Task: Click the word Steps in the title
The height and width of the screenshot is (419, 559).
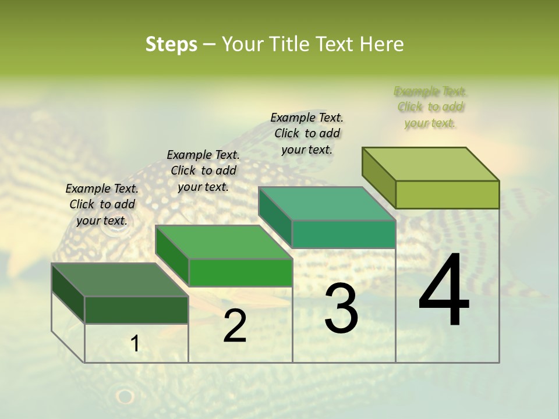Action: (171, 44)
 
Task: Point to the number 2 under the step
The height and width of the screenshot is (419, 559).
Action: (235, 326)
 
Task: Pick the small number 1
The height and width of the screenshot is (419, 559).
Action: (135, 344)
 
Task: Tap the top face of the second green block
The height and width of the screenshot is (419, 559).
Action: (224, 242)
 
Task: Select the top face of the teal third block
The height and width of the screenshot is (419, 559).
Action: (327, 204)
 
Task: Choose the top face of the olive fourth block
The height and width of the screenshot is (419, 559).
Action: (430, 164)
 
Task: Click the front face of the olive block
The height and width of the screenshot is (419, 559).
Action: (447, 194)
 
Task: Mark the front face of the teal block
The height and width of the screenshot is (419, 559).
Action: (344, 234)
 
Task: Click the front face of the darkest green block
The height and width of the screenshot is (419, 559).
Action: (136, 310)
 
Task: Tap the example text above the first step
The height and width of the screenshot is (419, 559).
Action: (102, 204)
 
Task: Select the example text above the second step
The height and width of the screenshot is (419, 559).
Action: (203, 171)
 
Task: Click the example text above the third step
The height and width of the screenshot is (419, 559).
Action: (307, 133)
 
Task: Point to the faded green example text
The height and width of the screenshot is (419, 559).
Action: (430, 107)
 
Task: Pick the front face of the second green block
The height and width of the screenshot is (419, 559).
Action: (240, 272)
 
